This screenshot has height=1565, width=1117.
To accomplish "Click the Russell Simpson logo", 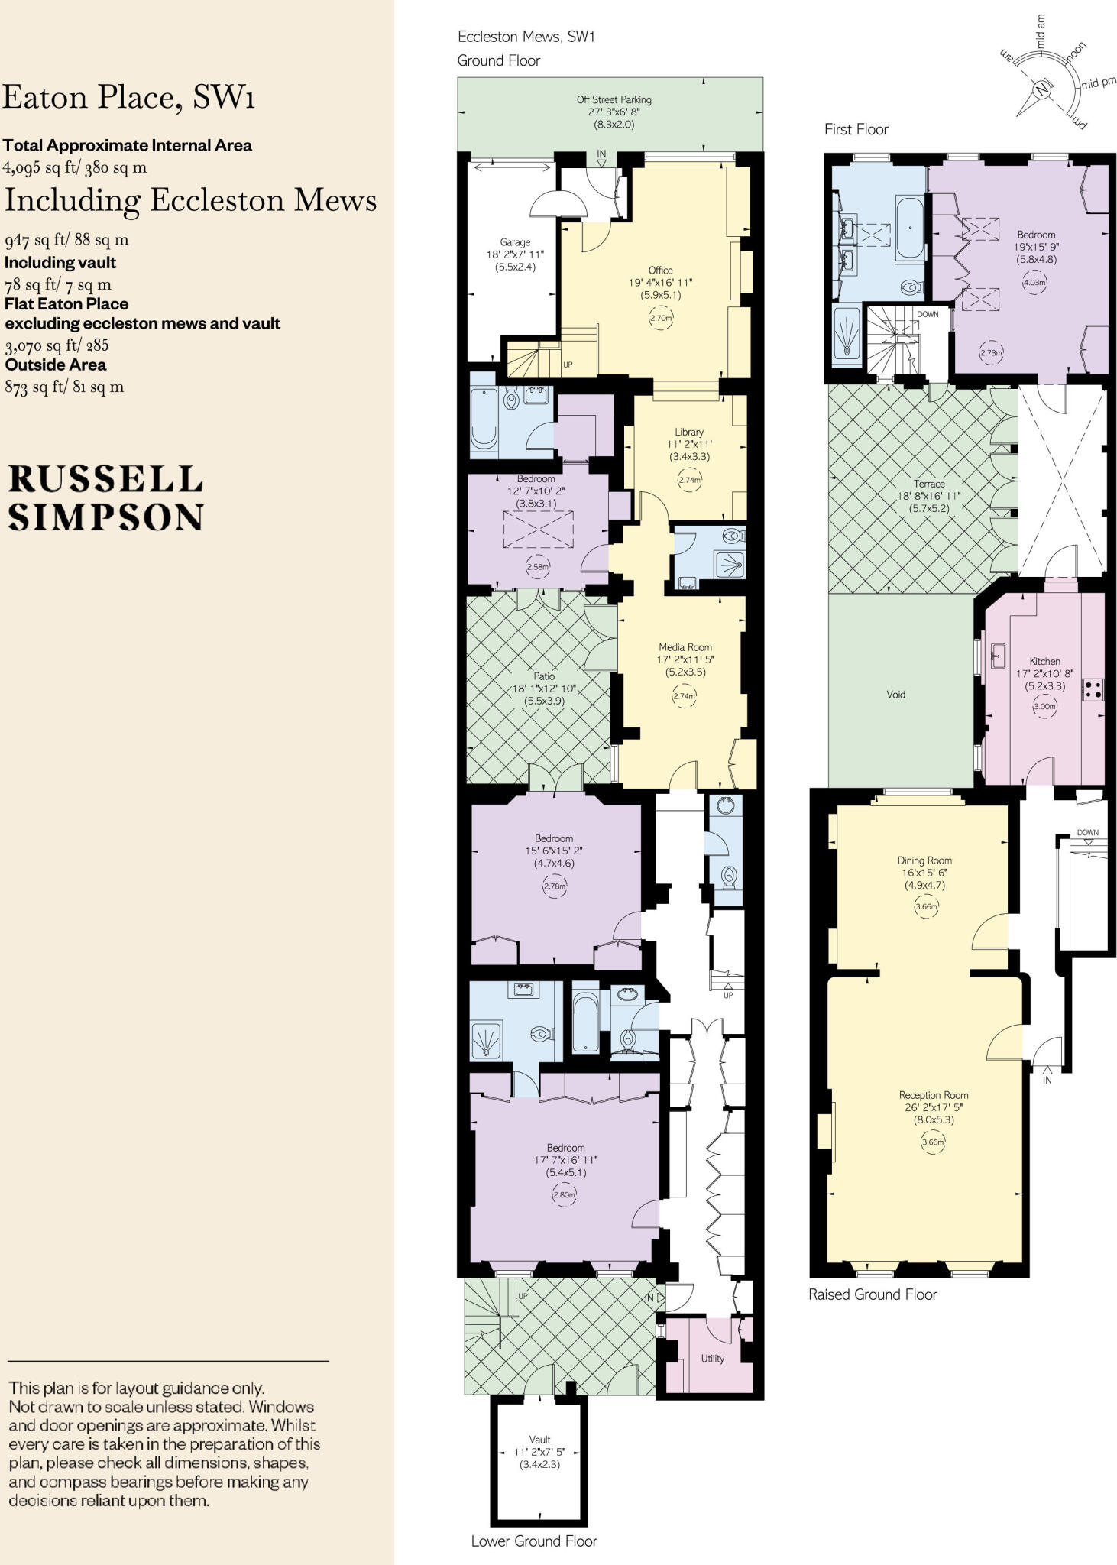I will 105,497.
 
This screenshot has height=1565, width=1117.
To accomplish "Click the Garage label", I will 515,241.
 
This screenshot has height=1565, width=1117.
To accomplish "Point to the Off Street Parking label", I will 614,99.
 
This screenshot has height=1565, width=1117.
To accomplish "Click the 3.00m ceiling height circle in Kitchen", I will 1044,706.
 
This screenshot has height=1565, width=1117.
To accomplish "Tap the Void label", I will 895,694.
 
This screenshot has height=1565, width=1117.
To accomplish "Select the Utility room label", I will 712,1358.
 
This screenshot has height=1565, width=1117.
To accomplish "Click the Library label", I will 688,432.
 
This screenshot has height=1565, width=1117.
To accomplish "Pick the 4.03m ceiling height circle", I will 1034,282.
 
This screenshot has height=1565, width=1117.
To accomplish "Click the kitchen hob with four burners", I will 1093,690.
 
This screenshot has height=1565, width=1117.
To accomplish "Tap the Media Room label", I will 685,646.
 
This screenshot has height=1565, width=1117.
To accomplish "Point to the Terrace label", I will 929,483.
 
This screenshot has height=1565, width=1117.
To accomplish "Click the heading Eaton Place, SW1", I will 128,97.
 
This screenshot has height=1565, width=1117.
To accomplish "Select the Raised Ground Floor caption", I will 873,1294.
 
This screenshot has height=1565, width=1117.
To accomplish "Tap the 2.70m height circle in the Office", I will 660,319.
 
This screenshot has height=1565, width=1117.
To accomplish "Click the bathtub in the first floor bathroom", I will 910,228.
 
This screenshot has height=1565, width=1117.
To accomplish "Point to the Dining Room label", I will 924,860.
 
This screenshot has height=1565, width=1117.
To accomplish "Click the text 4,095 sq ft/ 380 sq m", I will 75,167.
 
